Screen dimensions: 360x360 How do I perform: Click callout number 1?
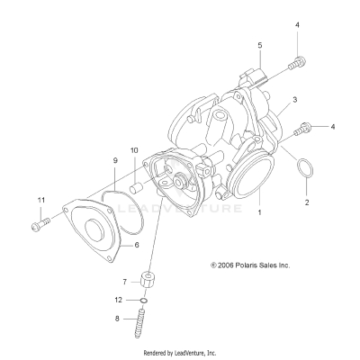click(260, 214)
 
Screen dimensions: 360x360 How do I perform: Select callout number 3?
click(294, 99)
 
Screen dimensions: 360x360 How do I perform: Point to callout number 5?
click(259, 44)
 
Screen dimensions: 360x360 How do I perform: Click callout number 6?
click(136, 244)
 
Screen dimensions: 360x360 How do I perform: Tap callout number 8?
click(140, 318)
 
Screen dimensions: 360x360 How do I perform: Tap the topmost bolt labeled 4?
click(293, 63)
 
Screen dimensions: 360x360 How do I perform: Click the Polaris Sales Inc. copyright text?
click(250, 265)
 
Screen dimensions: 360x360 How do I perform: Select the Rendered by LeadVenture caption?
click(180, 353)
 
